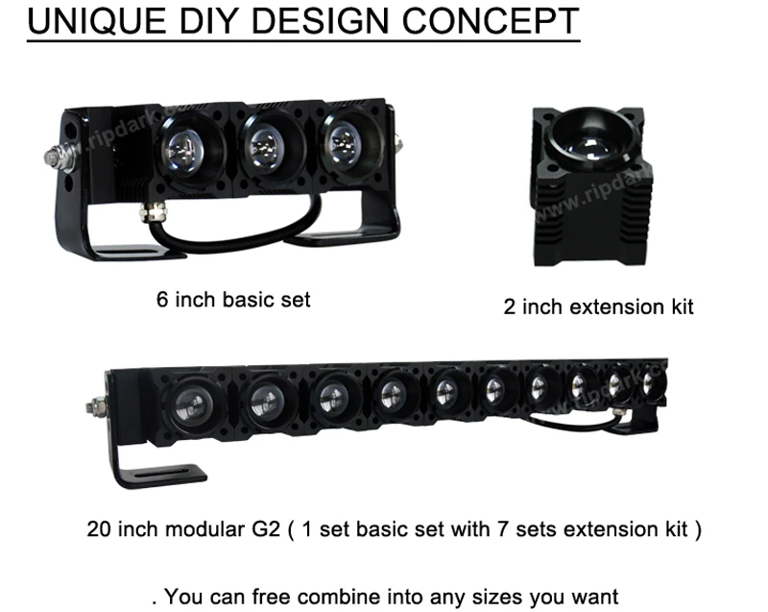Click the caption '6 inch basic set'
[233, 299]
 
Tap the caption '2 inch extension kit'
[598, 307]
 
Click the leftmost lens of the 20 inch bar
[182, 403]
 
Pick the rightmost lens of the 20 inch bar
[649, 383]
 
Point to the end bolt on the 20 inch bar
[97, 407]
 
